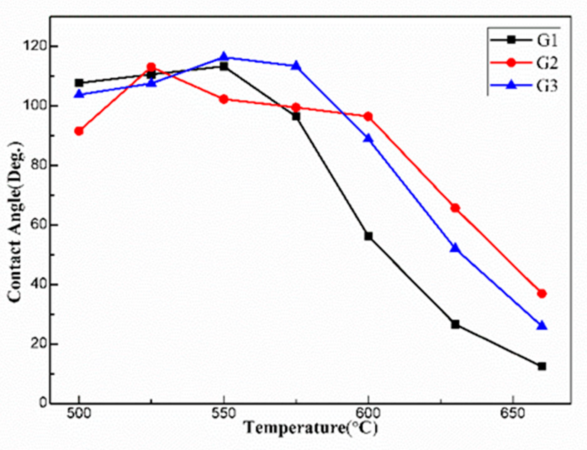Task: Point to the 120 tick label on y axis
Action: (x=35, y=46)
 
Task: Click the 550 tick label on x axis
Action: (x=224, y=414)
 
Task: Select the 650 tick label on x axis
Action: (x=512, y=414)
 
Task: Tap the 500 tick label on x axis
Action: (x=79, y=414)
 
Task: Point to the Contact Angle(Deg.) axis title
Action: (x=16, y=222)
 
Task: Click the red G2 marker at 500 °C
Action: (x=79, y=131)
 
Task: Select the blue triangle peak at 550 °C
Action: (x=224, y=56)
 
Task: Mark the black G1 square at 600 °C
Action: (x=368, y=236)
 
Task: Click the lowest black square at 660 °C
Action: (x=542, y=366)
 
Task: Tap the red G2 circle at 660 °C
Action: (x=542, y=294)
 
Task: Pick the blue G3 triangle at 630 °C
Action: (x=455, y=248)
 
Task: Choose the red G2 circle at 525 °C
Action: (x=151, y=67)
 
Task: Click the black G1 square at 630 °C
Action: (x=455, y=324)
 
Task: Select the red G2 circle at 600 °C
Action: (x=368, y=117)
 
